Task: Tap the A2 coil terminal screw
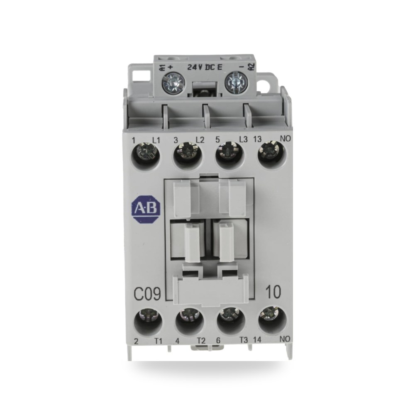[234, 81]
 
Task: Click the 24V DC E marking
[205, 67]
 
